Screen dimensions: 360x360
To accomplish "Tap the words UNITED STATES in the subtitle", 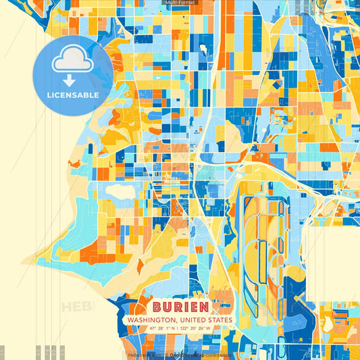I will tap(205, 319).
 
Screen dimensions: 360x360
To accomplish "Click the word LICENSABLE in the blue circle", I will tap(72, 95).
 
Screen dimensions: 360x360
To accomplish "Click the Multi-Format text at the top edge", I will tap(180, 3).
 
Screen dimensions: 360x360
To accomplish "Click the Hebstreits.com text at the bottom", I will tap(145, 354).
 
